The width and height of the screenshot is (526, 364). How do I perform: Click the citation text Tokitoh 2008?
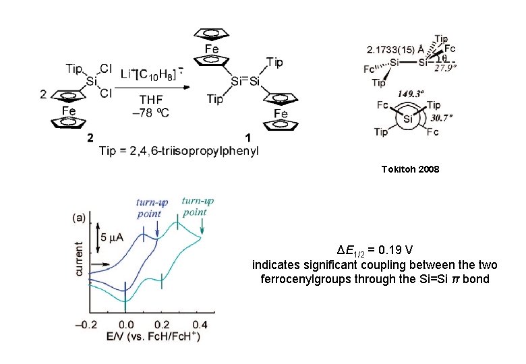point(409,169)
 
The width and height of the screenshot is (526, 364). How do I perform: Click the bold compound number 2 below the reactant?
point(90,138)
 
